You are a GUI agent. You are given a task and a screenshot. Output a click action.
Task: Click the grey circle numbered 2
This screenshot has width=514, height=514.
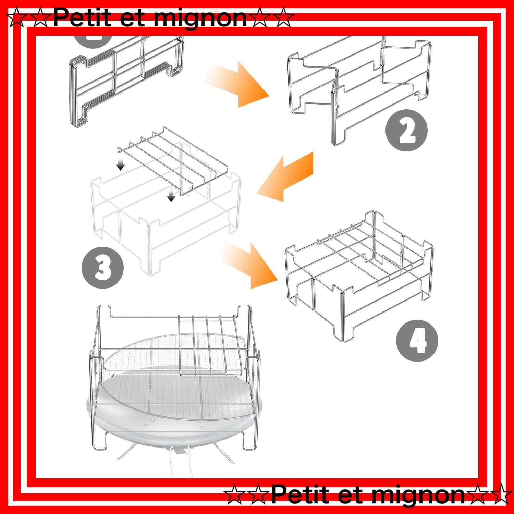(x=407, y=130)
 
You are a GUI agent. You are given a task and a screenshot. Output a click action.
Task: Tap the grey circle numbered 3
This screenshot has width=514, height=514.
(x=102, y=268)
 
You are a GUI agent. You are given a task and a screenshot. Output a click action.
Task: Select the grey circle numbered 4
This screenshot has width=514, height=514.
(x=417, y=340)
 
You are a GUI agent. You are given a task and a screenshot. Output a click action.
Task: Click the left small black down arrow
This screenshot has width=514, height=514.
(x=120, y=164)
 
